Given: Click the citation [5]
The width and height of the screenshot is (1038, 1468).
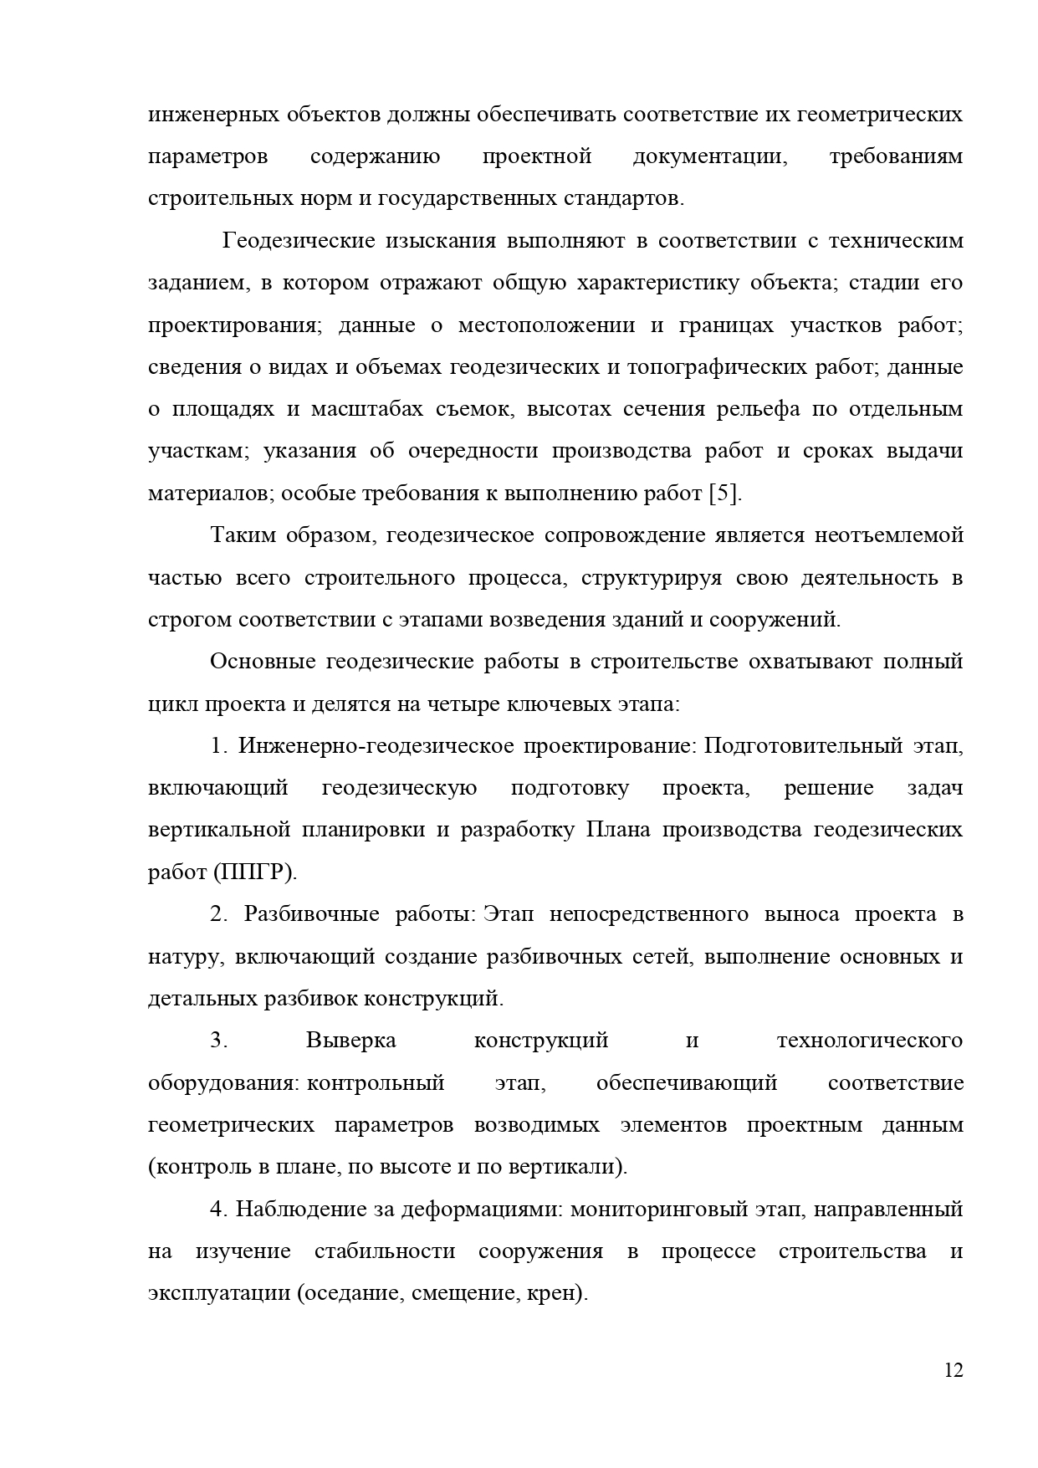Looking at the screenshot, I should (x=724, y=494).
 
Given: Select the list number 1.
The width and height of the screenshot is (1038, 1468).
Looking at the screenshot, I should (x=219, y=746).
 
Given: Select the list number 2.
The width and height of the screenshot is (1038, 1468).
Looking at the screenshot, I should (x=219, y=914).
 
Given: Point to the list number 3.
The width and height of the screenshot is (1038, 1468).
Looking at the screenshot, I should (x=219, y=1041).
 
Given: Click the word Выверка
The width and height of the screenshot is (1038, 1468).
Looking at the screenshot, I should (x=351, y=1041).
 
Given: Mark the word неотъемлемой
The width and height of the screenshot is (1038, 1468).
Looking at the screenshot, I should (x=888, y=535).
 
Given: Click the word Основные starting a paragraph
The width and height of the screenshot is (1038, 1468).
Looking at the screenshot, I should (x=259, y=662).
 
